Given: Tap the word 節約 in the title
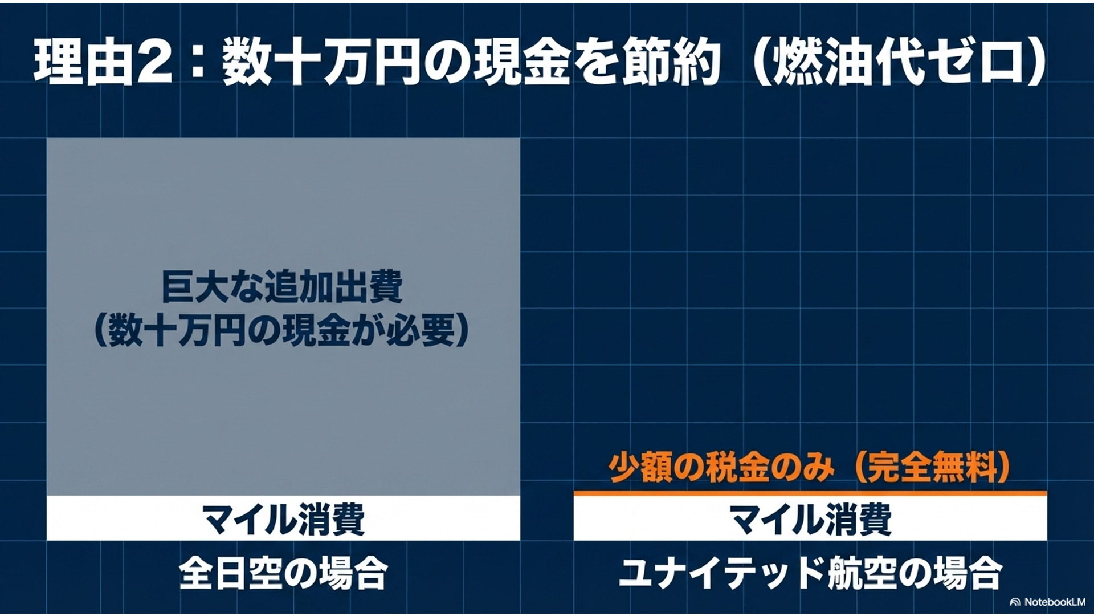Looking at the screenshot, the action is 672,63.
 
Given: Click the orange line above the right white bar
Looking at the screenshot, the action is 810,493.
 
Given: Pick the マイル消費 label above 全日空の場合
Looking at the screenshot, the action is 284,518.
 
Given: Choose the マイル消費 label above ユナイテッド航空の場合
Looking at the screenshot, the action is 810,518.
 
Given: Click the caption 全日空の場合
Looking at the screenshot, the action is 284,573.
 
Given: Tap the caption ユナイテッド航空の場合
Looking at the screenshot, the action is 810,573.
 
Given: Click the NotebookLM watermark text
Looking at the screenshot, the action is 1055,602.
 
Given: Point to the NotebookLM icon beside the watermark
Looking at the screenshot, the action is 1015,602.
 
